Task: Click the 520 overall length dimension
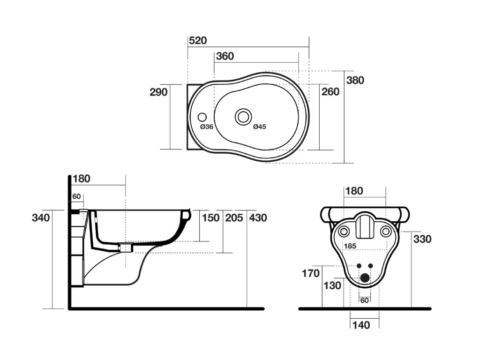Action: click(197, 40)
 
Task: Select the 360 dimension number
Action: click(225, 56)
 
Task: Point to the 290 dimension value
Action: click(158, 92)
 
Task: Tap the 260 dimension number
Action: click(330, 92)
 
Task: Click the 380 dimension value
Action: click(355, 80)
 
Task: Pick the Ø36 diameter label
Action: click(207, 127)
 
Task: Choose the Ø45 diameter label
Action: click(259, 127)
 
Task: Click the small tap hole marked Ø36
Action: click(202, 117)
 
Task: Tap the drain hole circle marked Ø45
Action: click(243, 116)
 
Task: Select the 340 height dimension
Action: click(41, 217)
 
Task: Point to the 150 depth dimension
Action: click(210, 217)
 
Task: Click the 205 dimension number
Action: click(234, 217)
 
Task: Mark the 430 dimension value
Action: click(258, 217)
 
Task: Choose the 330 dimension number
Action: click(422, 239)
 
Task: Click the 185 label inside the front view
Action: click(350, 246)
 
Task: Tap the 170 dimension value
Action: click(310, 273)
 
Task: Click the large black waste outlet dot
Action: click(365, 278)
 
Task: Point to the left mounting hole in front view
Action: click(344, 231)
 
